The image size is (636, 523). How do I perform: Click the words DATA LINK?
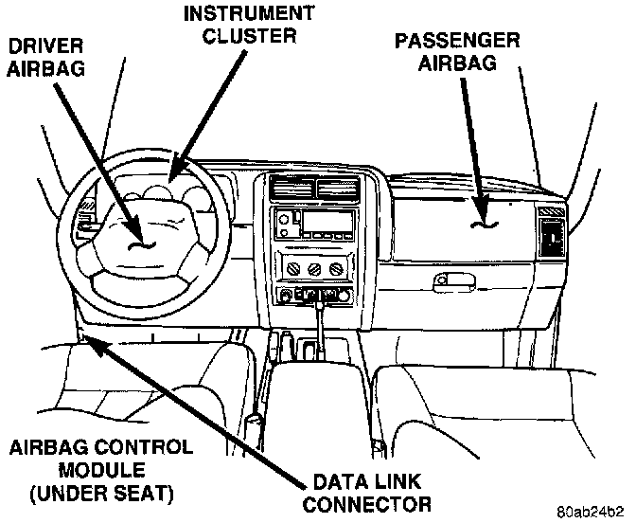371,480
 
